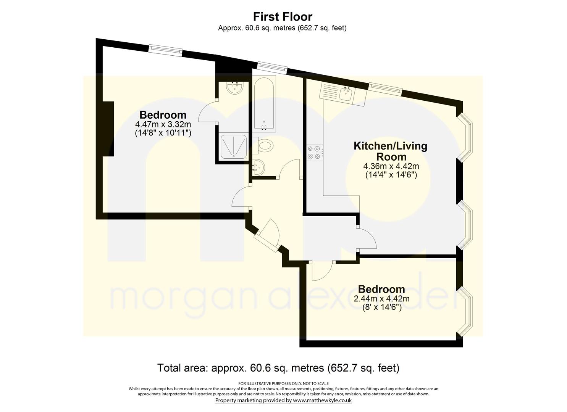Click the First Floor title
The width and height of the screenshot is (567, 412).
click(283, 17)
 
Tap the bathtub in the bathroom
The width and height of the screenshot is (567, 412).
click(264, 104)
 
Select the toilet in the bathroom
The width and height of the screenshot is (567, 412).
click(263, 146)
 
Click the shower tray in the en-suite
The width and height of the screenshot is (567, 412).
click(233, 146)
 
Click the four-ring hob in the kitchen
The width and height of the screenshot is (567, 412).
click(315, 153)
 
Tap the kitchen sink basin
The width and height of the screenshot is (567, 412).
click(346, 94)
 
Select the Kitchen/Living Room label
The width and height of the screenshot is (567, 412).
click(391, 151)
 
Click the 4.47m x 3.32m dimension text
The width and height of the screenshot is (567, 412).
click(163, 124)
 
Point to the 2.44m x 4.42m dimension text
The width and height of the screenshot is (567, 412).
click(381, 299)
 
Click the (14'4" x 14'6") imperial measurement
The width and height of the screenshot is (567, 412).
click(391, 175)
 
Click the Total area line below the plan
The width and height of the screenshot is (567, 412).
click(278, 368)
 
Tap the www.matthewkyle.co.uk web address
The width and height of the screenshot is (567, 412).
click(322, 401)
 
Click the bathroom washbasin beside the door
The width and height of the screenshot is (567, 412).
click(258, 167)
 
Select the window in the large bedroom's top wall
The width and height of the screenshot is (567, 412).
click(165, 50)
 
